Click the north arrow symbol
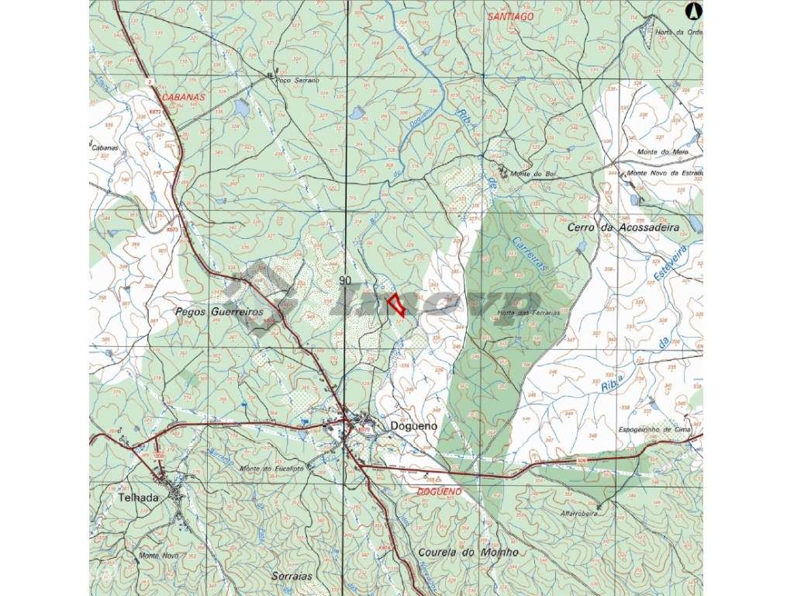(694, 11)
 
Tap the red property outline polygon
(396, 303)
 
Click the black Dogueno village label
(414, 426)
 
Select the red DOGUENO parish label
(439, 492)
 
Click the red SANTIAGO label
(510, 16)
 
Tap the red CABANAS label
(184, 98)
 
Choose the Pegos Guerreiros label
(220, 311)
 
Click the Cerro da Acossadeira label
(623, 228)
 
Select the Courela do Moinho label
(468, 553)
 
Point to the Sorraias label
(292, 577)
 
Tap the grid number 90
(345, 280)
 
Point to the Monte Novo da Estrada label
(665, 173)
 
